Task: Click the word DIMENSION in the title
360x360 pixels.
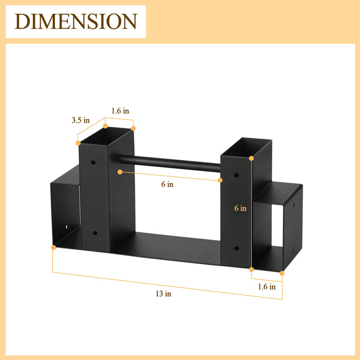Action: pos(76,21)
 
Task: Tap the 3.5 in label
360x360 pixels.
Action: pos(81,120)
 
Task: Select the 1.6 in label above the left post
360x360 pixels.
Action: pos(120,111)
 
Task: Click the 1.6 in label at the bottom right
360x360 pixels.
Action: pos(267,287)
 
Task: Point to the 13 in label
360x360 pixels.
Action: pos(163,294)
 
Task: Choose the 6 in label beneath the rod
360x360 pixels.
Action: pos(167,184)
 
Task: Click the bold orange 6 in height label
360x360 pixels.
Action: pos(240,208)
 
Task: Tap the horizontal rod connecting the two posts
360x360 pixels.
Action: pos(170,163)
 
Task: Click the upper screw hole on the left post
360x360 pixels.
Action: pos(93,162)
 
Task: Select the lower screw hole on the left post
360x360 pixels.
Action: pos(95,234)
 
